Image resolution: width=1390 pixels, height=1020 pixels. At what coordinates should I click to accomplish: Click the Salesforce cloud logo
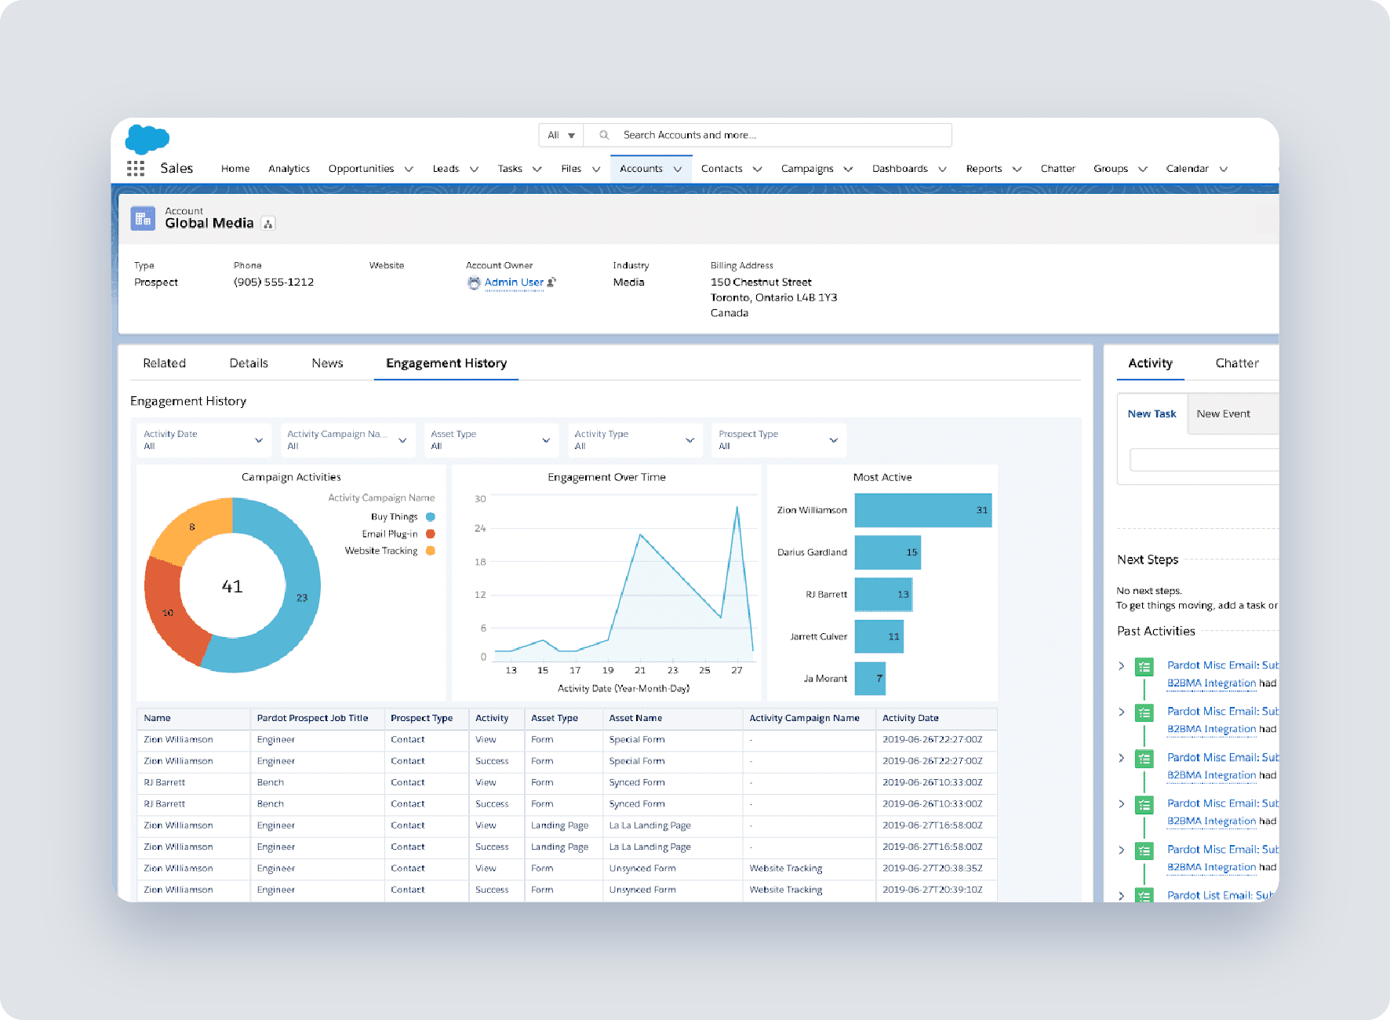coord(147,139)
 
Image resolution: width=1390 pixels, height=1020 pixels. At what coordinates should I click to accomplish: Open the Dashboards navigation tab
coord(900,169)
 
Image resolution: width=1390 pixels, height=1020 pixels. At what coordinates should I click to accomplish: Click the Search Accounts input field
coord(777,135)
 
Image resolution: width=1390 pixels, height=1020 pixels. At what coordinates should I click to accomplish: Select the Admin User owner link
coord(513,282)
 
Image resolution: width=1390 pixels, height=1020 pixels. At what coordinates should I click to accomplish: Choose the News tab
coord(327,363)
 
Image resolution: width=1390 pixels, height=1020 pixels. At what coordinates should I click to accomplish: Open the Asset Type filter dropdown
coord(490,440)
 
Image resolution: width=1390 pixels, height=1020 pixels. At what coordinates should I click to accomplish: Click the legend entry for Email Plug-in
coord(390,534)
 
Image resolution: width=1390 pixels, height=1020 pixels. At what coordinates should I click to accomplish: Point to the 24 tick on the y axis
coord(480,529)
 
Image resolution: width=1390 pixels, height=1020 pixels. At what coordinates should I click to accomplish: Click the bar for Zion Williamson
coord(922,510)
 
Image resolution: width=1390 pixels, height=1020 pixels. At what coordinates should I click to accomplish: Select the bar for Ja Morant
coord(869,679)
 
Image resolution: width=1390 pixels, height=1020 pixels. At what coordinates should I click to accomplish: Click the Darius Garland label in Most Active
coord(812,552)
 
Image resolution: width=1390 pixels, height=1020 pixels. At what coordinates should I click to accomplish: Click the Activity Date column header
coord(910,718)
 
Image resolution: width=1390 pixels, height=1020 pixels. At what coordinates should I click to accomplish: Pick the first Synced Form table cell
coord(637,782)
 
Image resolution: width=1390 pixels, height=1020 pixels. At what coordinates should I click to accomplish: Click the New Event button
coord(1223,414)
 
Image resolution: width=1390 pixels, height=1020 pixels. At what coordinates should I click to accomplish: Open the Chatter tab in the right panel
coord(1236,363)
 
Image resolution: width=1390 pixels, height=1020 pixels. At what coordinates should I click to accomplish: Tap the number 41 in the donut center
coord(232,587)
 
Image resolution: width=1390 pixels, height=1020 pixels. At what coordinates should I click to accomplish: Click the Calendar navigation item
coord(1187,169)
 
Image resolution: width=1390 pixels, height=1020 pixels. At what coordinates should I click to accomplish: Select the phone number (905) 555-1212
coord(273,282)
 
